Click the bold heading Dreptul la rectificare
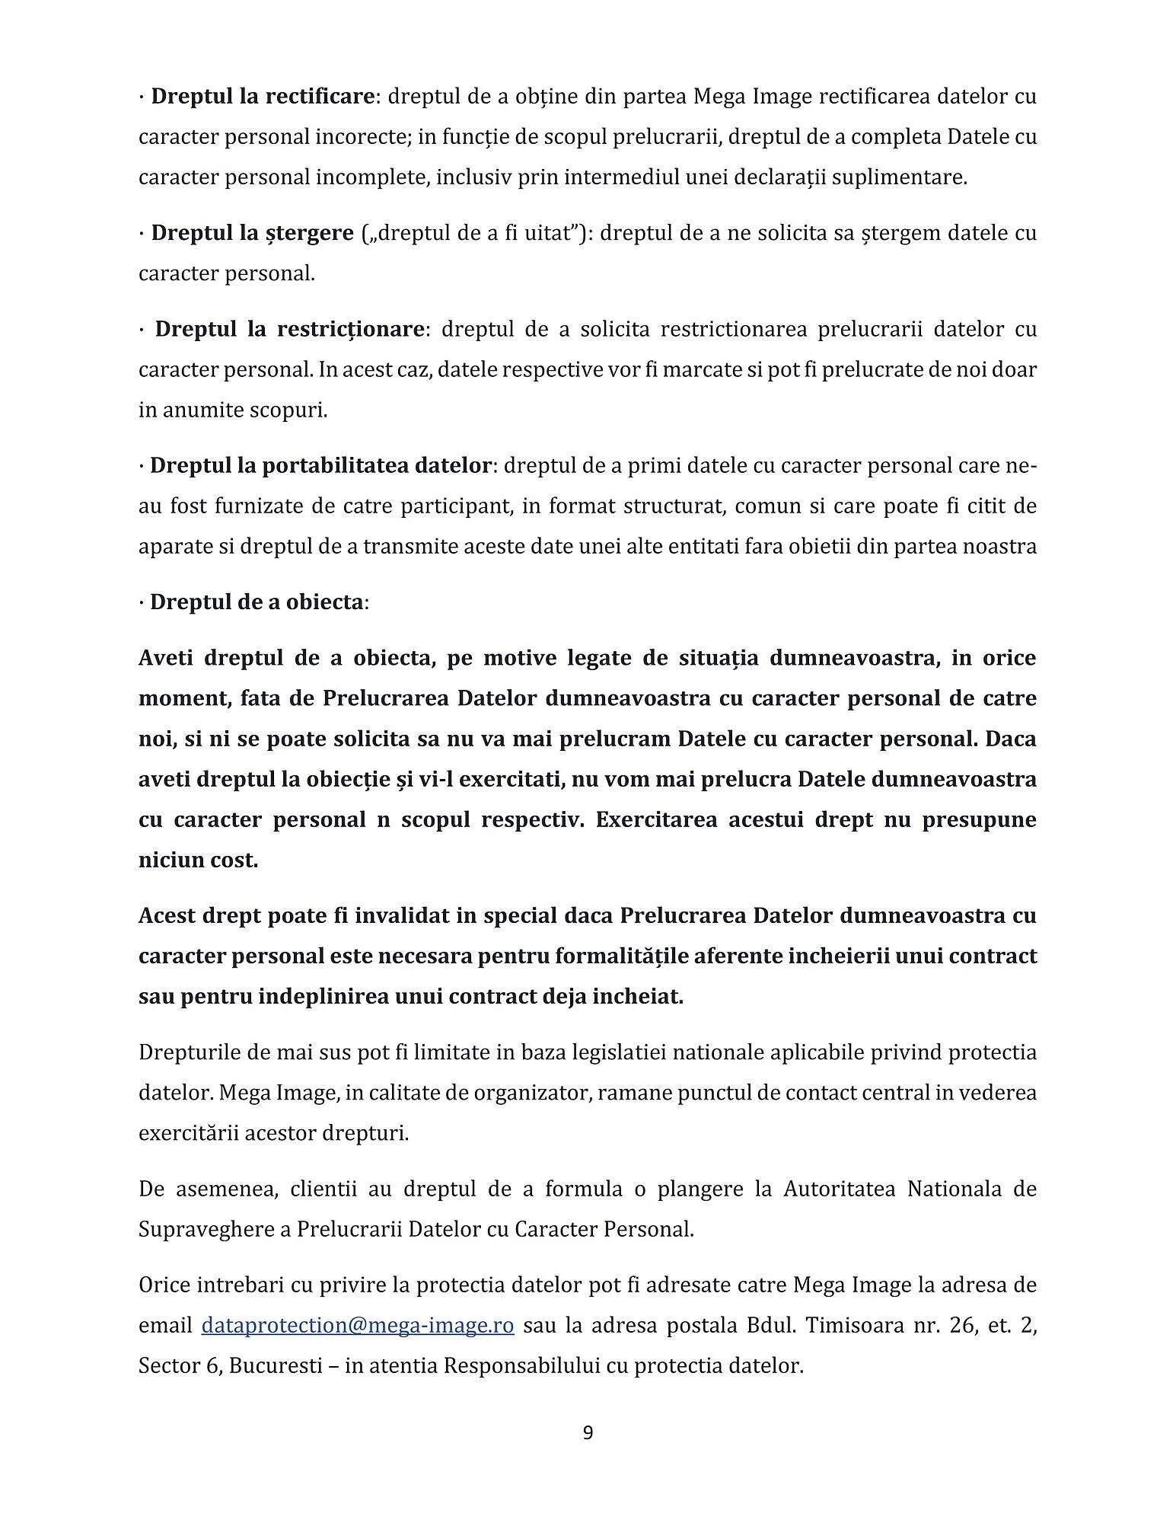point(263,97)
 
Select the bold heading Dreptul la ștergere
point(252,233)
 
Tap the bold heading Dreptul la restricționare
point(289,329)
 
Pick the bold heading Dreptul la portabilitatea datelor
point(320,465)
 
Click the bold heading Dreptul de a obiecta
point(257,602)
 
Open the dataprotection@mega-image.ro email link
point(358,1325)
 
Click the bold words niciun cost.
point(198,860)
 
